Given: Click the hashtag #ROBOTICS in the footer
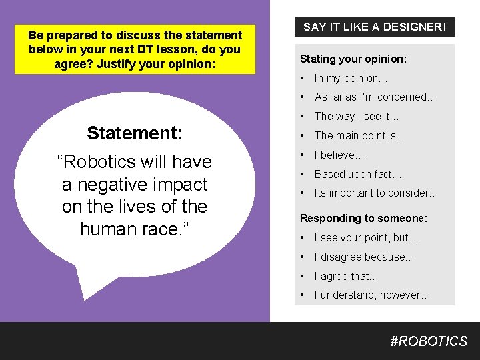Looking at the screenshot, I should (x=429, y=341).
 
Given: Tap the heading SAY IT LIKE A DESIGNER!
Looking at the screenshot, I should (x=375, y=27).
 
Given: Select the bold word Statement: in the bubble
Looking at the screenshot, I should (x=135, y=133).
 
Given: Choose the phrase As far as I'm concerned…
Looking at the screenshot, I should (x=375, y=97).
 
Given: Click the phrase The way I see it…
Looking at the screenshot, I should (x=357, y=116).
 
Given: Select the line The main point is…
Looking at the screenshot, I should (x=360, y=135).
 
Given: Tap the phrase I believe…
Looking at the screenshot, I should (x=339, y=155).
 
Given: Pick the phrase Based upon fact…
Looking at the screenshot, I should (x=358, y=174).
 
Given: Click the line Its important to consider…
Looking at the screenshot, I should (x=376, y=193).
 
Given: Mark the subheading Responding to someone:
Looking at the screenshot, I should (x=364, y=218).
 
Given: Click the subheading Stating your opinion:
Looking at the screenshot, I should (x=353, y=59).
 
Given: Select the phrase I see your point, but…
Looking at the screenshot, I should (x=366, y=238).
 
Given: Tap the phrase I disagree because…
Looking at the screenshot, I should (x=364, y=257).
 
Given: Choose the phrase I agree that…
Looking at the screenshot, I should (x=346, y=276).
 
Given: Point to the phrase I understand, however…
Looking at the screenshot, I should (x=372, y=295).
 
